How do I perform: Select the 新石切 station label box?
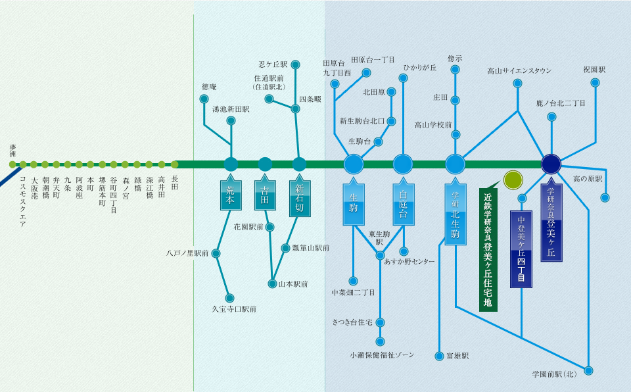300,197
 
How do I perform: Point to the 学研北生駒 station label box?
455,215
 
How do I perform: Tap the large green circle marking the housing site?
513,180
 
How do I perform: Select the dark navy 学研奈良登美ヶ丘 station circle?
551,164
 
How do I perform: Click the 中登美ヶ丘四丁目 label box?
522,249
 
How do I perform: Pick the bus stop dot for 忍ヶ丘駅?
295,64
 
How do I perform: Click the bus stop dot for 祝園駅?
595,83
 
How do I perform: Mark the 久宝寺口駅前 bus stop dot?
230,298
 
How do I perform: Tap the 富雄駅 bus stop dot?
440,356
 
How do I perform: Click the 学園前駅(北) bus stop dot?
588,371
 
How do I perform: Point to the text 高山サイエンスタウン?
519,71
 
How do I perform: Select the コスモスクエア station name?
23,201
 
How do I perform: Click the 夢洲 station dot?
12,164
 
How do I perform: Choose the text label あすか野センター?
409,262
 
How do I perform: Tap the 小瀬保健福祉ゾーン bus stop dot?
381,341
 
